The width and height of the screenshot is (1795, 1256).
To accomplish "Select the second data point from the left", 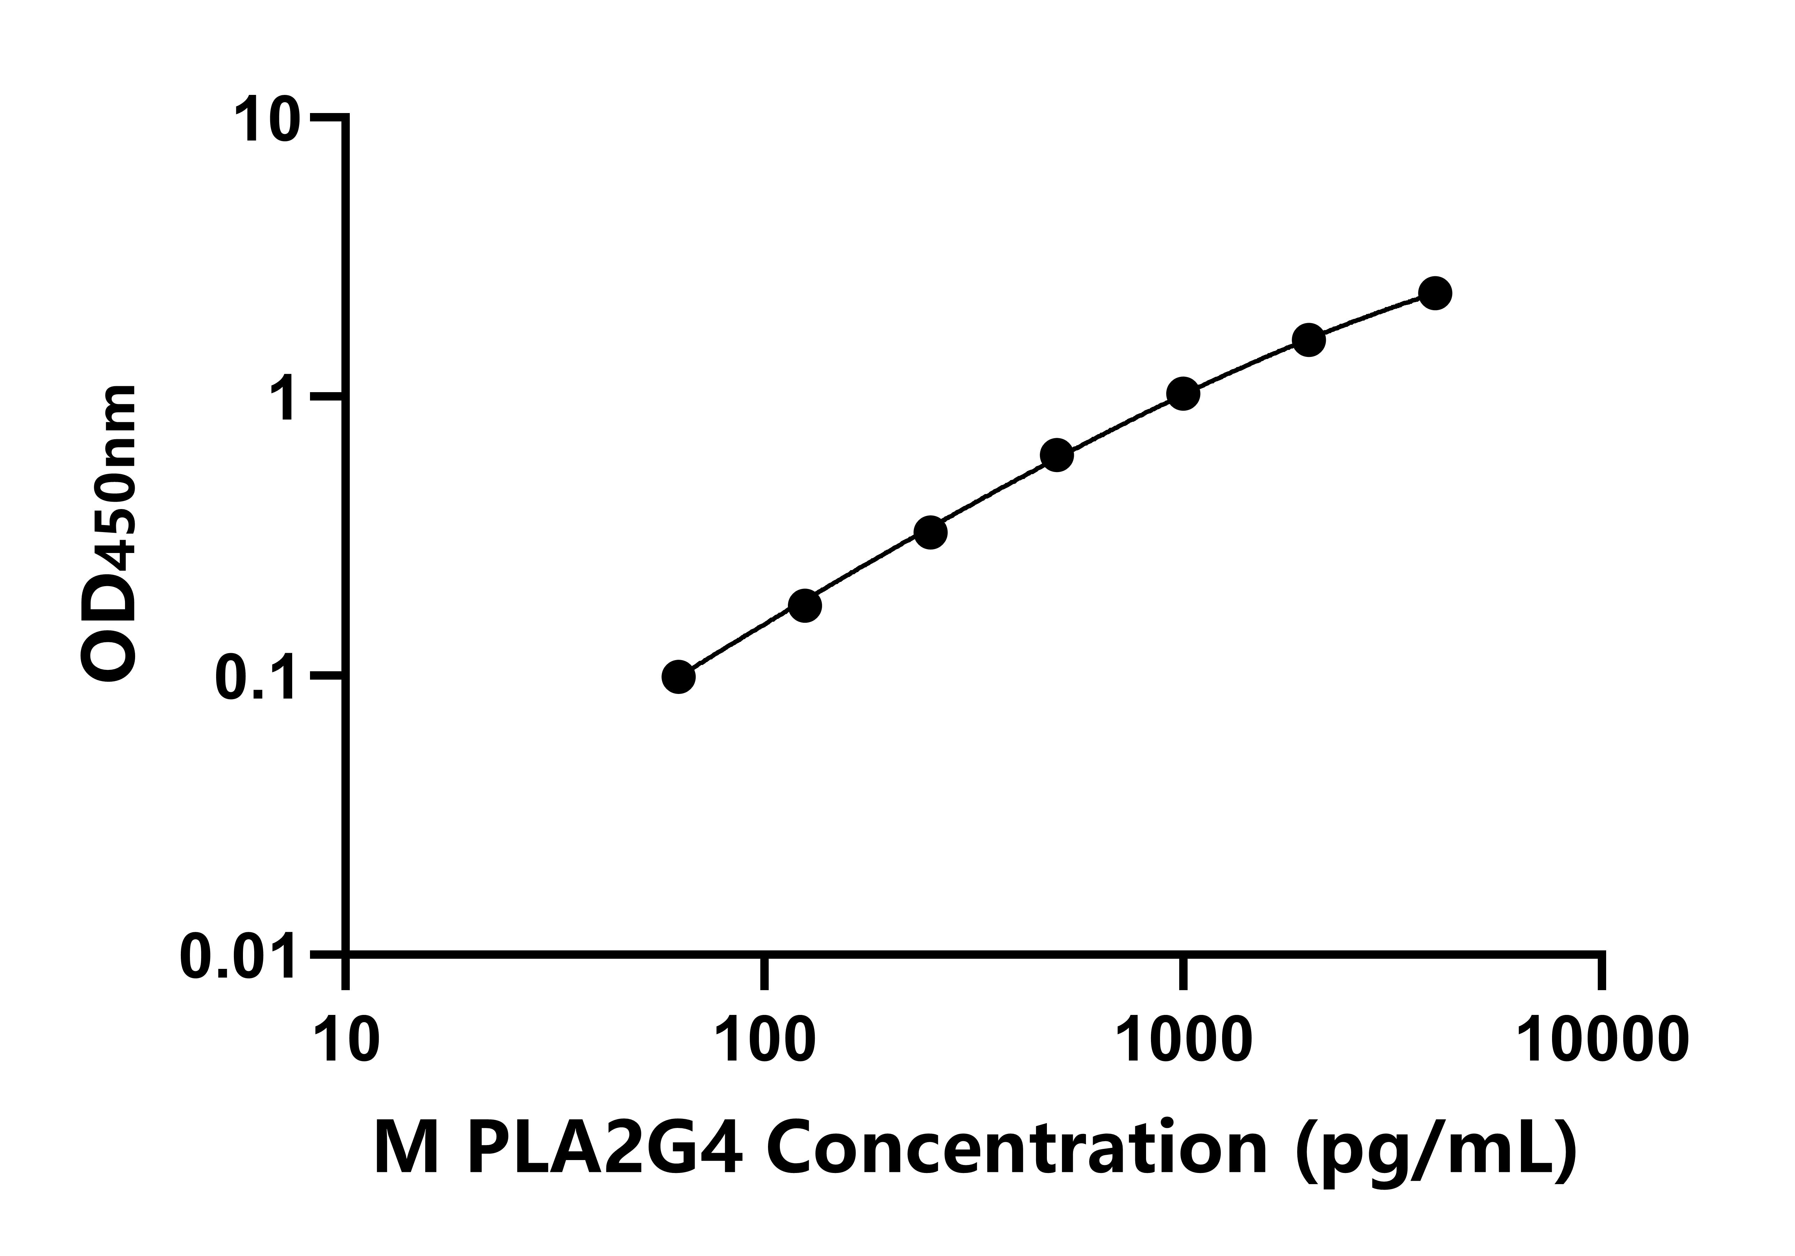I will click(804, 606).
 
